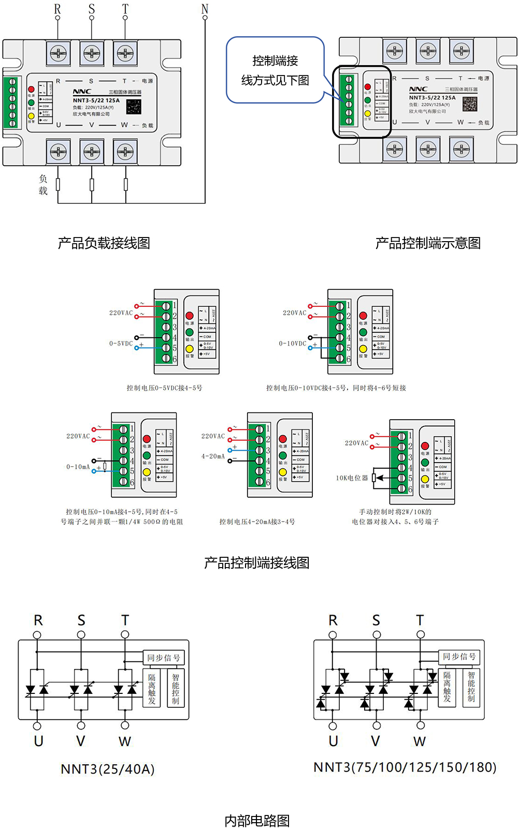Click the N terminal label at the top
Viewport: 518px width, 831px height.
point(205,9)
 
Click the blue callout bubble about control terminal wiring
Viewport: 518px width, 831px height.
point(275,70)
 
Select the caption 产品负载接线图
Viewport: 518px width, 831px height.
point(104,243)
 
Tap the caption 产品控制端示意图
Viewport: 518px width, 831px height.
point(428,243)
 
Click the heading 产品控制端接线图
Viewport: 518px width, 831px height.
point(256,562)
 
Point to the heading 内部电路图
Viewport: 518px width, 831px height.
point(257,820)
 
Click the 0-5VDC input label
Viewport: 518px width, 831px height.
point(121,343)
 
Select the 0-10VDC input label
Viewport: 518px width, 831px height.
point(293,343)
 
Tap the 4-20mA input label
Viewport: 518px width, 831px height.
point(213,456)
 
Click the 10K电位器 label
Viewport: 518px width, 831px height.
point(352,478)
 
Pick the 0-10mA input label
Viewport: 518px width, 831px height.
point(78,467)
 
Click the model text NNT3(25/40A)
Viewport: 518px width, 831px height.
point(108,769)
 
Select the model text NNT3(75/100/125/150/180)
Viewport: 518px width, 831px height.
point(405,767)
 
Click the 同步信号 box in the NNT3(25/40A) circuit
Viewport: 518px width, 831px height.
point(164,658)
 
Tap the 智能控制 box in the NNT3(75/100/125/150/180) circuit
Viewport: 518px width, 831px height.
point(471,687)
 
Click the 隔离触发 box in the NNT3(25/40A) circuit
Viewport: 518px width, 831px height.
point(152,688)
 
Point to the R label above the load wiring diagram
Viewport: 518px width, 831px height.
point(57,9)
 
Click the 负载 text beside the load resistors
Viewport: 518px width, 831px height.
point(43,184)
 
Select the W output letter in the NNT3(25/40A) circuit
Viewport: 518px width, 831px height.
point(125,741)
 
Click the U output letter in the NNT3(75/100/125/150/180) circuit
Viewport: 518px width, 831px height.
point(333,741)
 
